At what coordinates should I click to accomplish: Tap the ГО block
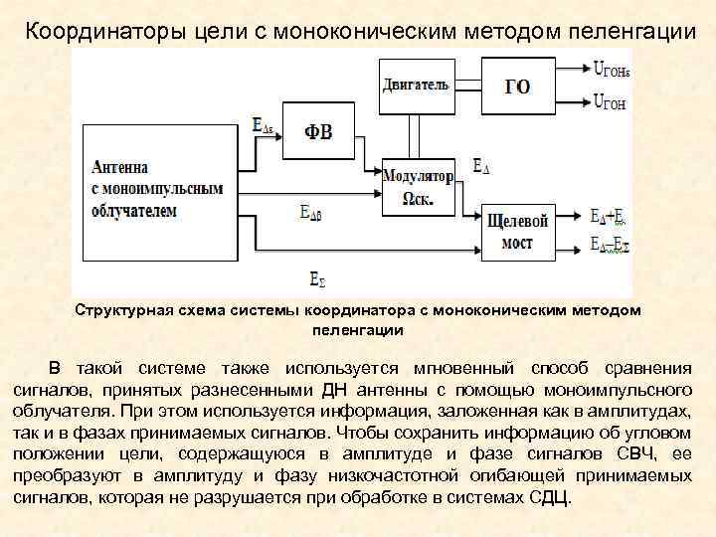tap(518, 86)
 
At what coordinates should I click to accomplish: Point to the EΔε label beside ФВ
tap(264, 126)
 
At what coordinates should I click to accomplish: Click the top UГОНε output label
tap(611, 69)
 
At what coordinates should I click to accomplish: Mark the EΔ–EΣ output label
tap(609, 244)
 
